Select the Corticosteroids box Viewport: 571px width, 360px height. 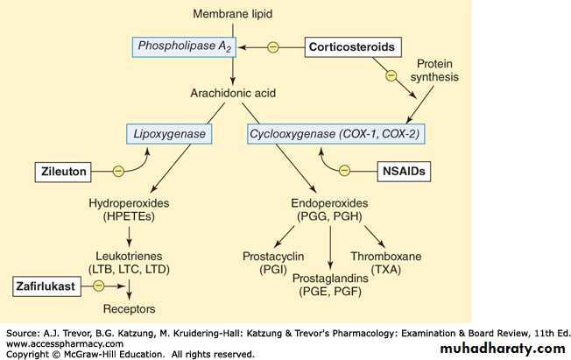[349, 46]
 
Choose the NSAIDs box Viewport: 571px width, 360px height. [403, 173]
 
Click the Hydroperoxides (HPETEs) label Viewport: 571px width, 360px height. [129, 208]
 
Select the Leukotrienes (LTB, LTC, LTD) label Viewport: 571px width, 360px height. [129, 260]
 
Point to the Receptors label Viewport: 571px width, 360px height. [128, 309]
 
